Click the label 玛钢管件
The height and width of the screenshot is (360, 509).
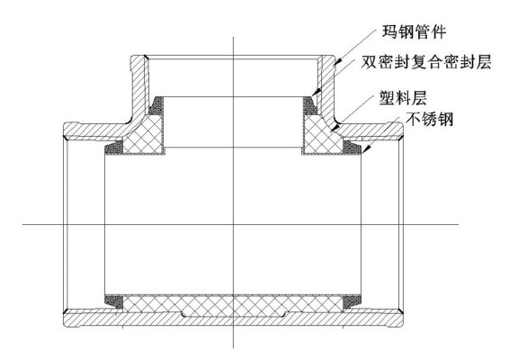pos(414,31)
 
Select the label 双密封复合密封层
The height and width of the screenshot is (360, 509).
pos(426,62)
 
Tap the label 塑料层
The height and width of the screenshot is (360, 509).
pos(403,97)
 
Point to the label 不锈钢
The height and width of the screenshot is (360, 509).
pos(429,119)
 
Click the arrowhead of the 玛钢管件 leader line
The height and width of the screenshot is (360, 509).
pos(337,61)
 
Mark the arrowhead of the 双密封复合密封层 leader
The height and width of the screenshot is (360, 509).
pos(315,93)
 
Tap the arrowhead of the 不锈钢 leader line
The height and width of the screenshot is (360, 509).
pos(366,149)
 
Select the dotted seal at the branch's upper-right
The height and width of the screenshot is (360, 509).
pos(309,105)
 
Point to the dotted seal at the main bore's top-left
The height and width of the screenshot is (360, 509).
pos(114,148)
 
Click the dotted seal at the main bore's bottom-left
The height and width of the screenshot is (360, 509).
pos(114,301)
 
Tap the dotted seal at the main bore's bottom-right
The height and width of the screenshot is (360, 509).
pos(353,301)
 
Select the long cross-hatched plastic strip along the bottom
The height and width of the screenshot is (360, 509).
pos(233,305)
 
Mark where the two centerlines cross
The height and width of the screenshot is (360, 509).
pos(234,224)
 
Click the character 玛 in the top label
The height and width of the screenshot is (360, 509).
pos(390,31)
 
